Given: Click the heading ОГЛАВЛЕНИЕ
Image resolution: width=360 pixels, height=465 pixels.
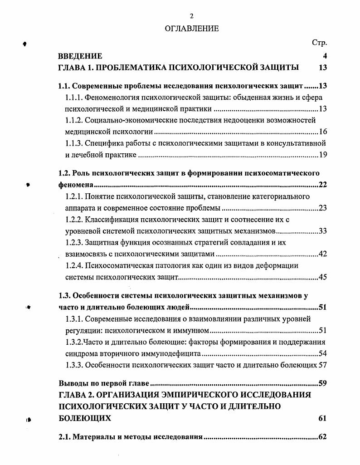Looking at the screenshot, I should [191, 29].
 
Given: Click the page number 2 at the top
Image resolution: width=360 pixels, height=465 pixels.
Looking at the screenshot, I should [191, 16].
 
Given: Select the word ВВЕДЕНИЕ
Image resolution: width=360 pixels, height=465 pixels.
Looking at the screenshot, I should [80, 56].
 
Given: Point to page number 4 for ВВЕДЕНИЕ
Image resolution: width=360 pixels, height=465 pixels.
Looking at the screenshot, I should [325, 56].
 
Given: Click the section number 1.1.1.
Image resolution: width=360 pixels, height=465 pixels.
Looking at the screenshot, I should [73, 97].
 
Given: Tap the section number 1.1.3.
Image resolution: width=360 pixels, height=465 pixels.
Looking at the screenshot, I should [73, 144].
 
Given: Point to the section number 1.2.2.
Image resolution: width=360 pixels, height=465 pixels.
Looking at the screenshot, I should [73, 220].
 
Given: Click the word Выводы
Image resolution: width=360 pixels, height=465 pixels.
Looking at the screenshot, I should [72, 383].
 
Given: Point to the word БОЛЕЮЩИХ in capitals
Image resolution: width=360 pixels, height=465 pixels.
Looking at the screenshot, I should [84, 418].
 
